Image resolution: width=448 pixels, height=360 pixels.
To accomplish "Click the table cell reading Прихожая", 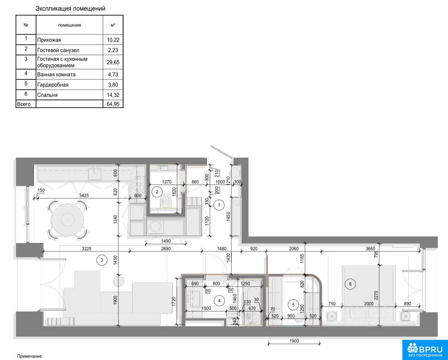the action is pos(49,40).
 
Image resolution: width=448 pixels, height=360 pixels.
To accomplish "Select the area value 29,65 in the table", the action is pos(113,62).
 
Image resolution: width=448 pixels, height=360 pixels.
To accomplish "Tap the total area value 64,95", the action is pos(113,104).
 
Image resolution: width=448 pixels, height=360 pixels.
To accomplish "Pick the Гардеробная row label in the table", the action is pos(53,85).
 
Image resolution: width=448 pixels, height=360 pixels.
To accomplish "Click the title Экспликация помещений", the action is pos(70,9).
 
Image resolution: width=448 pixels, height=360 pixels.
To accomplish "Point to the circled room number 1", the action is pos(219,205).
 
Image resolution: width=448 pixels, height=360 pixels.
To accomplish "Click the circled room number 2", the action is pos(157,192).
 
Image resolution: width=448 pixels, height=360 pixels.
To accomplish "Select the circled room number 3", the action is pos(102,260).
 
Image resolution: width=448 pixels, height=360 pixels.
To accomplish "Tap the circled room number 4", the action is pos(219,301).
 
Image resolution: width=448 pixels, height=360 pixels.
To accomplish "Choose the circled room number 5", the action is pos(293,305).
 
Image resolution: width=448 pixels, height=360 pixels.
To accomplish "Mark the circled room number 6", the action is pos(350,284).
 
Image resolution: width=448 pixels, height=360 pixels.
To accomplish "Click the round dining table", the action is pos(67,220).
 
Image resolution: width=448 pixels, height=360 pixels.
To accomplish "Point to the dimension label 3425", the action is pos(84,196).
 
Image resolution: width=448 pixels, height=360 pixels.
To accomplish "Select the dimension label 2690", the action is pos(166,249).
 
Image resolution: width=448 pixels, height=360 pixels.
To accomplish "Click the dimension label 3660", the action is pos(370,249).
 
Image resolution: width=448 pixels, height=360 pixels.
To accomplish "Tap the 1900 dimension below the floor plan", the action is pos(294,341).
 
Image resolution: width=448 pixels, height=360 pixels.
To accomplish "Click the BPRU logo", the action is pos(425,350).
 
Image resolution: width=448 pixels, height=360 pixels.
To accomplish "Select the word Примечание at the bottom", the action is pos(30,356).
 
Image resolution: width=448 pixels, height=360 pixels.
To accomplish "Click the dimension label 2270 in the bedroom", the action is pos(376,297).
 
